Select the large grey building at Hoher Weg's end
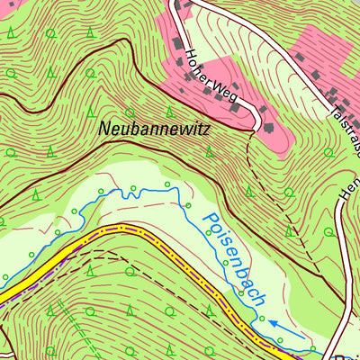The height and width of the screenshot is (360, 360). (x=267, y=128)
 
